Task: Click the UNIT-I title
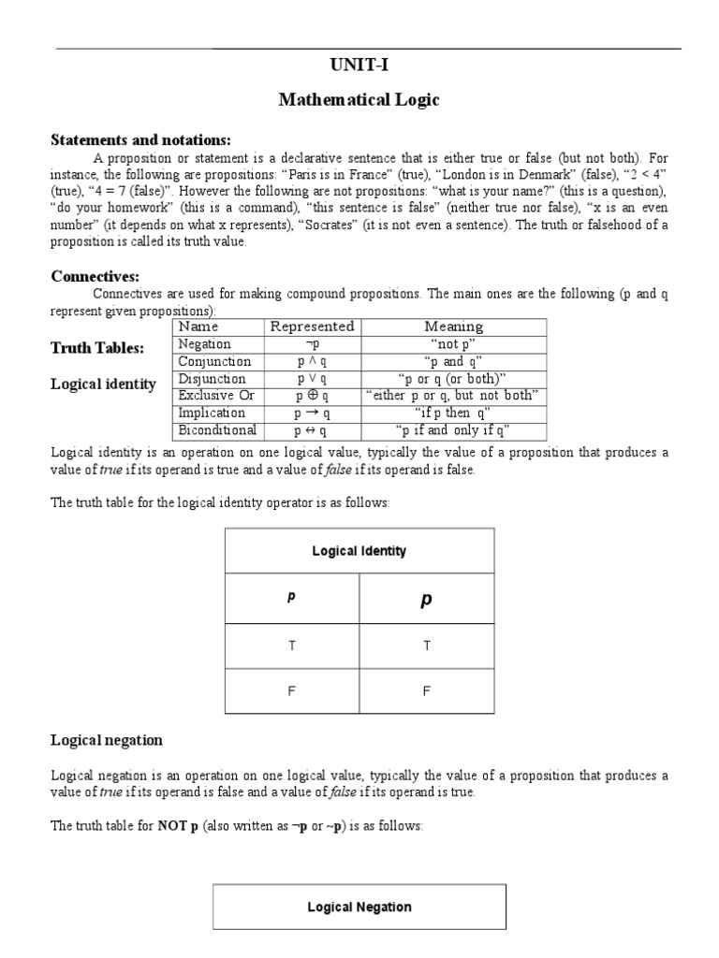click(359, 65)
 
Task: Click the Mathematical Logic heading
click(359, 100)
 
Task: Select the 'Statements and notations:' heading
click(139, 139)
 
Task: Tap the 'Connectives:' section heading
click(95, 276)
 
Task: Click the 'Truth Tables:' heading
click(97, 348)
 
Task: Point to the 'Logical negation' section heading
click(106, 740)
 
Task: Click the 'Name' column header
click(198, 327)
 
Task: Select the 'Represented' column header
click(312, 327)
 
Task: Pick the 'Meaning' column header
click(453, 327)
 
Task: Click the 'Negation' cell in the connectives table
click(204, 343)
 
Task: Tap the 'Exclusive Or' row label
click(216, 396)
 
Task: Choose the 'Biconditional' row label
click(217, 430)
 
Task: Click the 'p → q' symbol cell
click(311, 413)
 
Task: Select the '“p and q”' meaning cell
click(453, 361)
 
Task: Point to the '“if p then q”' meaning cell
click(453, 413)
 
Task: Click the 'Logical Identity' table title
click(359, 551)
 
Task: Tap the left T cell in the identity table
click(292, 646)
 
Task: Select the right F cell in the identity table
click(426, 692)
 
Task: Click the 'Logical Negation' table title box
click(359, 907)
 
